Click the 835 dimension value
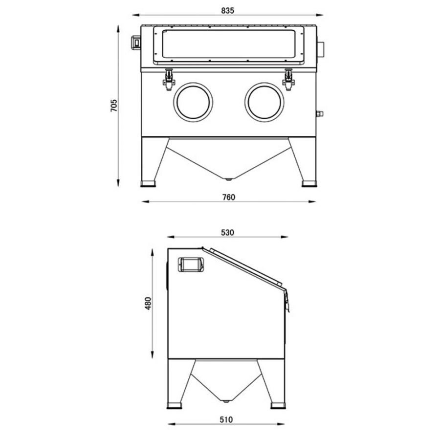click(227, 11)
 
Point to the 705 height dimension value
click(114, 106)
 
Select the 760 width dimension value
click(229, 198)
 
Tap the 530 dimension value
click(227, 233)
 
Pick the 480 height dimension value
click(148, 303)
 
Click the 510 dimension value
click(226, 419)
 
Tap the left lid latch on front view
click(169, 79)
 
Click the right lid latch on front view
click(288, 79)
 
